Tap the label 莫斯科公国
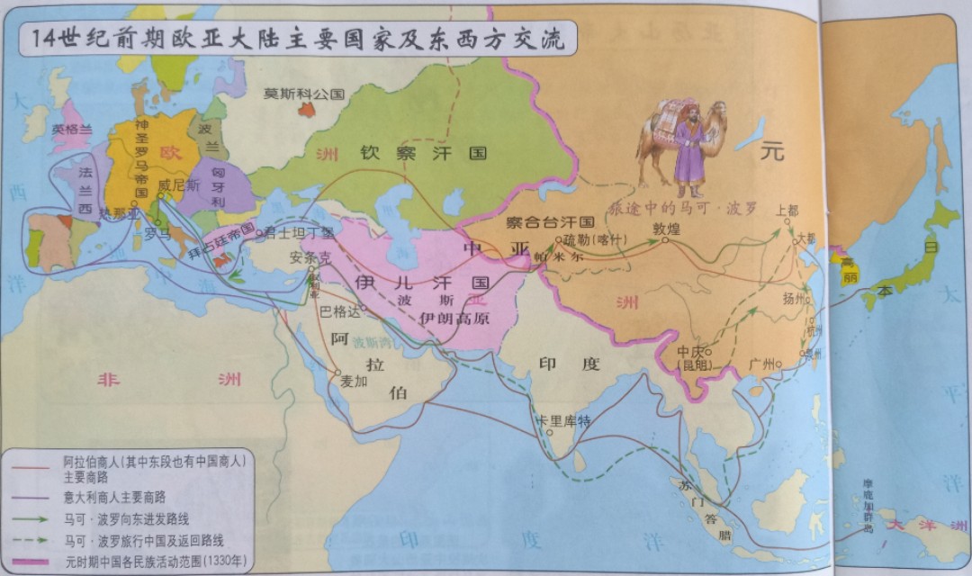[x=304, y=93]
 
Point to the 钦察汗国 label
[x=423, y=153]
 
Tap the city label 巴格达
[x=339, y=311]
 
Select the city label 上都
[x=787, y=210]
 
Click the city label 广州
[x=761, y=363]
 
